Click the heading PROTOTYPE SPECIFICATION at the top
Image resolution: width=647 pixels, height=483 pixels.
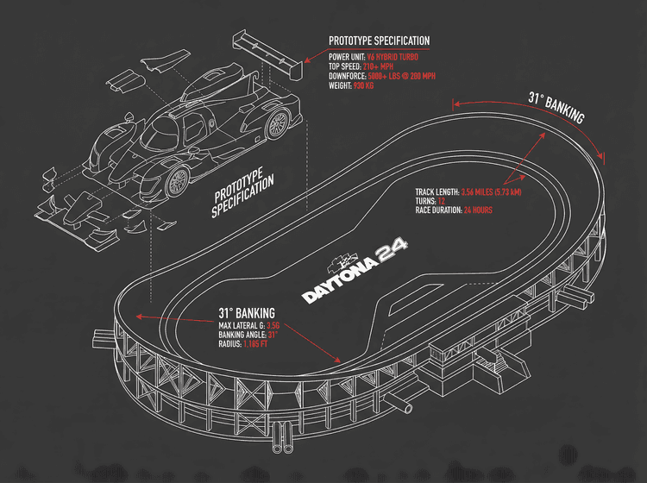click(379, 41)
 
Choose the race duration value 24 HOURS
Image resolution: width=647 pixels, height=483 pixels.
click(478, 210)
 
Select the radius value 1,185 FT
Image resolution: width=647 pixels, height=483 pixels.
click(261, 344)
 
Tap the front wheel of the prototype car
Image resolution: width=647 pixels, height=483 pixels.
click(178, 179)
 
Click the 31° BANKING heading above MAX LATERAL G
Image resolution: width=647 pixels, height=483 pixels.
click(246, 312)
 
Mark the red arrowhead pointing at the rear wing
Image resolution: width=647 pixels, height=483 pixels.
click(303, 61)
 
